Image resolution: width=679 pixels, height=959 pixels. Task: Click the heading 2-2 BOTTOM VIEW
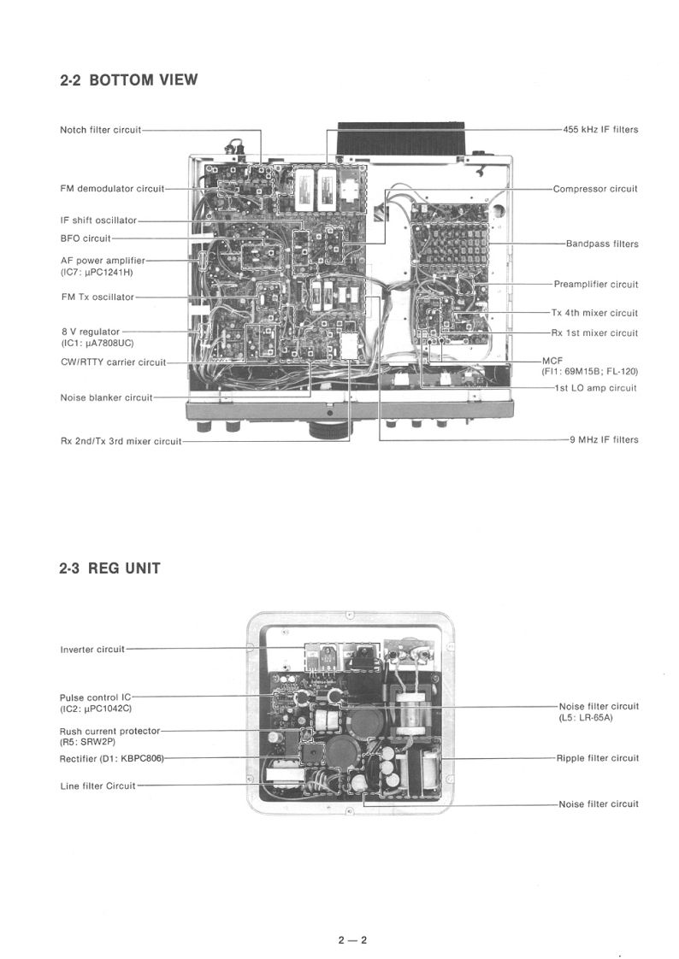(128, 80)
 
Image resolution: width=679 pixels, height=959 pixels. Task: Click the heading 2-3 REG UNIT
(109, 568)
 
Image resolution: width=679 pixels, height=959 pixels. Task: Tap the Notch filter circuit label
(100, 130)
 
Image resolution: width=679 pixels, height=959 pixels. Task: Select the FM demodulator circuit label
(112, 188)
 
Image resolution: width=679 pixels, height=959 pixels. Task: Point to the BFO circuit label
(86, 238)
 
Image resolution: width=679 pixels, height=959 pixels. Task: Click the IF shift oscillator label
(98, 221)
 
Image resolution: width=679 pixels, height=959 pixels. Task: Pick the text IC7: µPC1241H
(97, 272)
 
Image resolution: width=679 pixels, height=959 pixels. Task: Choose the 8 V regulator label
(91, 332)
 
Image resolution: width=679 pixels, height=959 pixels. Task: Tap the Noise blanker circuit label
(106, 397)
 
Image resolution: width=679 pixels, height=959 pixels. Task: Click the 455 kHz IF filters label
(600, 130)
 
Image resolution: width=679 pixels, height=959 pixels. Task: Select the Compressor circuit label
(595, 189)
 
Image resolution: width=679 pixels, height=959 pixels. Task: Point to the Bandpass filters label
(602, 244)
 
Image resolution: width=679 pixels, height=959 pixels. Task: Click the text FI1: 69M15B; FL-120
(589, 372)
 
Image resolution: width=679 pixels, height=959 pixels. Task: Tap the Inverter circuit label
(92, 650)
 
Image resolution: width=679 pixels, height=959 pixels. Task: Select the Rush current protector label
(109, 732)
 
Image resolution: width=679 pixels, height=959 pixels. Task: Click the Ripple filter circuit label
(598, 758)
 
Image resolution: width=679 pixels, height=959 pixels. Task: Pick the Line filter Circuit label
(97, 785)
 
